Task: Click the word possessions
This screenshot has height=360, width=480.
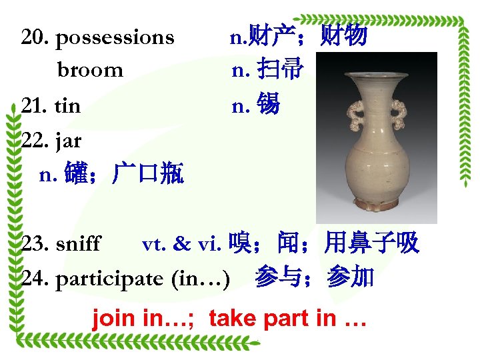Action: (115, 38)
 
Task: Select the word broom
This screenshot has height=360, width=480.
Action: (90, 70)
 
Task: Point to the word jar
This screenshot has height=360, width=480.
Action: (69, 141)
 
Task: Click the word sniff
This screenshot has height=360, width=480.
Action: (78, 244)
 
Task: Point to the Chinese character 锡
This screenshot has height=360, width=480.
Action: (267, 105)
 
